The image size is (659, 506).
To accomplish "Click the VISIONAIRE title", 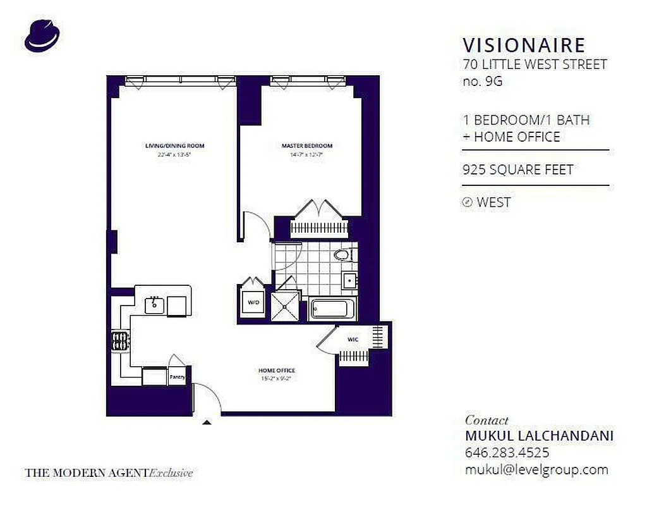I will (524, 46).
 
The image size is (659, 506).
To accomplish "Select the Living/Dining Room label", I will (175, 146).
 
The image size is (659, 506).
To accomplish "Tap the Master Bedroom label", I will (306, 146).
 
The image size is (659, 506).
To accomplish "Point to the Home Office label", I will (276, 370).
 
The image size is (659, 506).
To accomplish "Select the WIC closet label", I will (353, 340).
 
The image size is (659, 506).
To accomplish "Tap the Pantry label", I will (178, 377).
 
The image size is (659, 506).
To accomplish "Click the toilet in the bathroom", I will (342, 256).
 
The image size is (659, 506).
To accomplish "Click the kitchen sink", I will (154, 305).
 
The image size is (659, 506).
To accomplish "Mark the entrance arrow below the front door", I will (206, 422).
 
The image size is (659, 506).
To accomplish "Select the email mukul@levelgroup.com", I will (536, 469).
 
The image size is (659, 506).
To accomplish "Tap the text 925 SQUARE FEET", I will (517, 170).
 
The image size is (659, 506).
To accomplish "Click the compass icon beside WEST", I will (468, 202).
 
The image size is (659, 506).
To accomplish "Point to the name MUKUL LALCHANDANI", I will (539, 436).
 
